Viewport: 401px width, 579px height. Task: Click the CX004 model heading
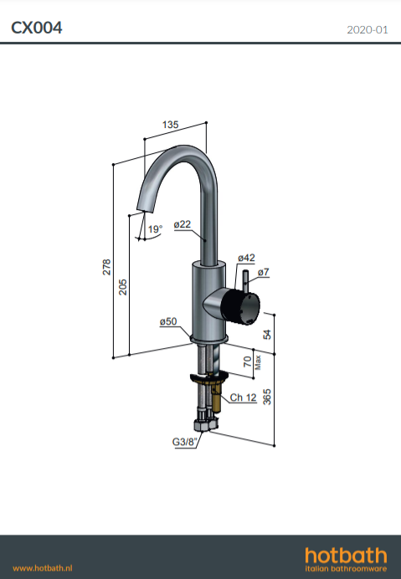pos(37,28)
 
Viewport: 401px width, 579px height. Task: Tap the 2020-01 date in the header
pos(368,29)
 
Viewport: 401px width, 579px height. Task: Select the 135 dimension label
pos(171,125)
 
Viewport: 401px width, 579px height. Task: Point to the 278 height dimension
pos(106,267)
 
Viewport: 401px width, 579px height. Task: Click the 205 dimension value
pos(123,287)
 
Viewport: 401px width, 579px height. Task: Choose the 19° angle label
pos(155,229)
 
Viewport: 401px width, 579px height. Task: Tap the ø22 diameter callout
pos(183,224)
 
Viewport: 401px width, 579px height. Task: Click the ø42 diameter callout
pos(246,258)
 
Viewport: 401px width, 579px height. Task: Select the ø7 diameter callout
pos(264,272)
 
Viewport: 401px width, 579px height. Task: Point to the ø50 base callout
pos(168,321)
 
